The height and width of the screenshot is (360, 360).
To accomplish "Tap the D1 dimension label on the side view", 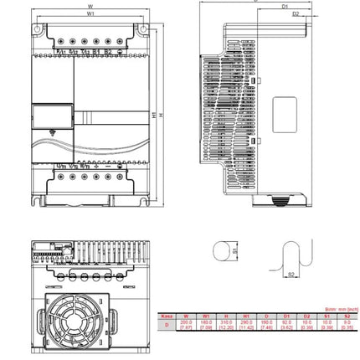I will pyautogui.click(x=285, y=6).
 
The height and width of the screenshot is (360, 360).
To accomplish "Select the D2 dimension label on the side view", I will pyautogui.click(x=296, y=14).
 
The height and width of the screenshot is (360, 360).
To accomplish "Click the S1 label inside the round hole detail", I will pyautogui.click(x=235, y=249).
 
